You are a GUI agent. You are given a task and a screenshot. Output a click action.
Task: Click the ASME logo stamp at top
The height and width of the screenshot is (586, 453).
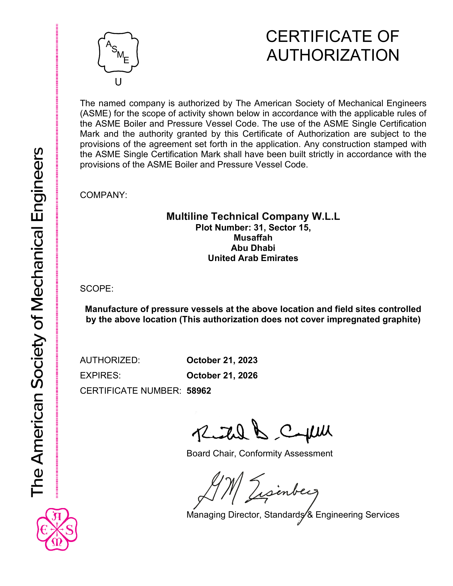tap(118, 52)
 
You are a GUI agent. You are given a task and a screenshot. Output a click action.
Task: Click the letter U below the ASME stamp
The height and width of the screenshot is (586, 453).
tap(118, 82)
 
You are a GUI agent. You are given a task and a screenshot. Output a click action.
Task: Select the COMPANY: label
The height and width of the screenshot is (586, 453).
tap(104, 195)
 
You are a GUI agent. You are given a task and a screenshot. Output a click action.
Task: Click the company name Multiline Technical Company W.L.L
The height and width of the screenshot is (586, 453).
tap(253, 216)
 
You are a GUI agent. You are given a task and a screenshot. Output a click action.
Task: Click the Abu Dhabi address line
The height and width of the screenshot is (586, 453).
tap(253, 248)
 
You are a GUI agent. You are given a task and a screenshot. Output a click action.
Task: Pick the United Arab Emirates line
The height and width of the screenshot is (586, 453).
tap(253, 258)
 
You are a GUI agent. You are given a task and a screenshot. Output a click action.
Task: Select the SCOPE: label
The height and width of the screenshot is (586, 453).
tap(97, 289)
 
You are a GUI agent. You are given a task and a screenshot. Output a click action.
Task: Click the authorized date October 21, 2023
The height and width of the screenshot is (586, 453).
tap(222, 360)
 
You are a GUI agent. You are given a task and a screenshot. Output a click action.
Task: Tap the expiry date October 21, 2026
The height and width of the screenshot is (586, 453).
tap(222, 375)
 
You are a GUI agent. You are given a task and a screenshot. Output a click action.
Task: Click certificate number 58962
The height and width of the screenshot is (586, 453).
tap(199, 391)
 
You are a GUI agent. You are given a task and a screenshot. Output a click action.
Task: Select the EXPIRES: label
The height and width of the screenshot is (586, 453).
tap(100, 375)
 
